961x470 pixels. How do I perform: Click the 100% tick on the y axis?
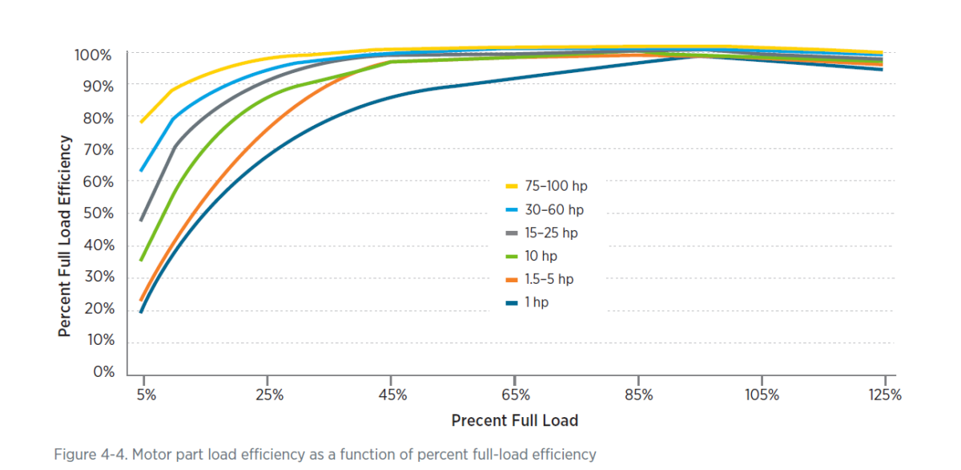point(93,55)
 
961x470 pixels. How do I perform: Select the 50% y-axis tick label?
point(96,214)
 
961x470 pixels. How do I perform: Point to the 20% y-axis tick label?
point(96,310)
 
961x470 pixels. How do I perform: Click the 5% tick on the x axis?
point(145,395)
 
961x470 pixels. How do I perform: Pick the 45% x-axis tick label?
point(392,395)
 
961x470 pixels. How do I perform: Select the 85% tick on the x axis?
point(638,395)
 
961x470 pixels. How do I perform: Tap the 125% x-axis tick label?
point(884,395)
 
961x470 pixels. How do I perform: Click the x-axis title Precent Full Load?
point(514,421)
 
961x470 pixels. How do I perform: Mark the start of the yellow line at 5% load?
point(142,122)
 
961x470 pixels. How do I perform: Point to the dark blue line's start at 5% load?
point(142,312)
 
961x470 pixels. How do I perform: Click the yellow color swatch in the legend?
point(513,186)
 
